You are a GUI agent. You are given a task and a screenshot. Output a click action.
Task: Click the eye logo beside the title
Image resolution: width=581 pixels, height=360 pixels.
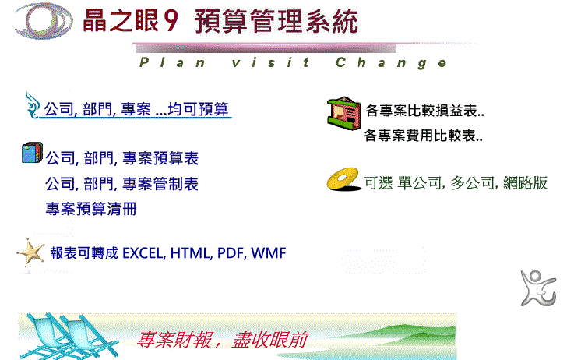click(x=44, y=20)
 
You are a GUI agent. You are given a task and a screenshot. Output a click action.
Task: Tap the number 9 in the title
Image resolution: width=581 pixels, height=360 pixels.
click(x=171, y=21)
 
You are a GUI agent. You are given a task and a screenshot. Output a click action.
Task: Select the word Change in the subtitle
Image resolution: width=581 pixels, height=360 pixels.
click(x=391, y=62)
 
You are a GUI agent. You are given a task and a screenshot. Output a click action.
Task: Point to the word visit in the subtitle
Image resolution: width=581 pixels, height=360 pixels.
click(x=270, y=62)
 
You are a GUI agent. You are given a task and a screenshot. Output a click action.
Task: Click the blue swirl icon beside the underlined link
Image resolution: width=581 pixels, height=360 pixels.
click(x=32, y=105)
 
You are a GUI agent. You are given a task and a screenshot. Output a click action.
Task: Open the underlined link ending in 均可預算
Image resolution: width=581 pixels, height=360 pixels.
click(x=136, y=109)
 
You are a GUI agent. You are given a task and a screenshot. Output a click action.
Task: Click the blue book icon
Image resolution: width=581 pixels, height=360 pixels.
click(x=32, y=153)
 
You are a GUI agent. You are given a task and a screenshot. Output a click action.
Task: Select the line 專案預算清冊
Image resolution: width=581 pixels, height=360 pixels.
click(x=91, y=209)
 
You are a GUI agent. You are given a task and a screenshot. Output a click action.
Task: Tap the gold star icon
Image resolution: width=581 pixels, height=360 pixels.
click(x=30, y=252)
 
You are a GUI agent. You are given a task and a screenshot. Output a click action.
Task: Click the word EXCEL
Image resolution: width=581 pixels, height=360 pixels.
click(x=143, y=253)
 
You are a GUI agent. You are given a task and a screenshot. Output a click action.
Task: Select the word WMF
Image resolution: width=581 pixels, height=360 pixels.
click(x=269, y=253)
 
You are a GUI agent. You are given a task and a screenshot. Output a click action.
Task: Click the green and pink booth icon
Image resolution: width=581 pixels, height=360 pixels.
click(x=344, y=113)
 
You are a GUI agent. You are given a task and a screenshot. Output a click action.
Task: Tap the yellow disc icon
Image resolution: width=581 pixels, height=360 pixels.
click(x=343, y=179)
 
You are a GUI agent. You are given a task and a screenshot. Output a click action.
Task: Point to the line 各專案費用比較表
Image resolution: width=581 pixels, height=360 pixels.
click(x=423, y=136)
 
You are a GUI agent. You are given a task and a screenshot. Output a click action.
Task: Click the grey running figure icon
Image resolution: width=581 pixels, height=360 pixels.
click(x=538, y=288)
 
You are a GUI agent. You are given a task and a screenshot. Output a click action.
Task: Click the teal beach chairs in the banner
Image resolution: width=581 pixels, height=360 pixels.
click(x=69, y=336)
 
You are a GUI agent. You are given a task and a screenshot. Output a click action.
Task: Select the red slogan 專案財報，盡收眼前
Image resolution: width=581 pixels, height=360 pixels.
click(x=222, y=340)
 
